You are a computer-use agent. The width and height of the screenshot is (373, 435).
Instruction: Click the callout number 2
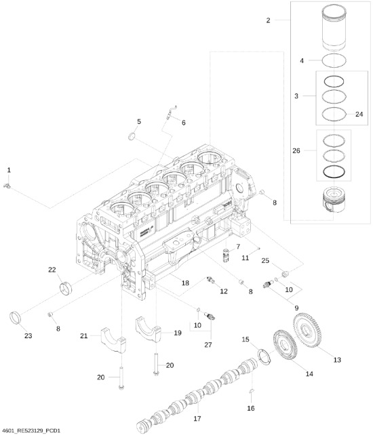point(269,21)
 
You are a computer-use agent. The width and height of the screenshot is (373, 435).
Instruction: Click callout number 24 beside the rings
point(359,114)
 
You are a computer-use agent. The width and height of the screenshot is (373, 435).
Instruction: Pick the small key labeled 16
point(251,392)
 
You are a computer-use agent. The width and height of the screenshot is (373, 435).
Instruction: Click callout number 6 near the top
point(182,122)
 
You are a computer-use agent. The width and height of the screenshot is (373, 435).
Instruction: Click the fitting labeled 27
point(211,316)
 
